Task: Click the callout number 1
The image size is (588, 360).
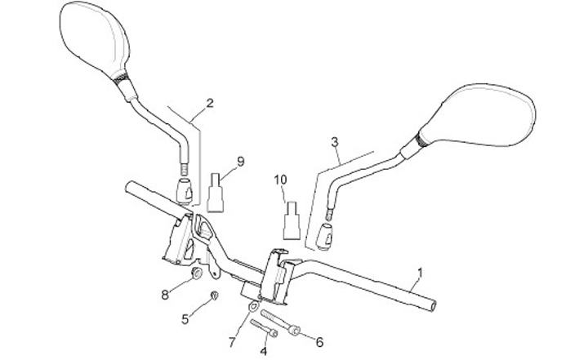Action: [x=420, y=272]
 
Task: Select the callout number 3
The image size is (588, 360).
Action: [x=334, y=142]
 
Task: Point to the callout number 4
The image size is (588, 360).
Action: [x=263, y=351]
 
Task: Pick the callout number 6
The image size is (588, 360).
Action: [x=319, y=341]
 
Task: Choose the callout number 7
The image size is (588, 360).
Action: [x=231, y=340]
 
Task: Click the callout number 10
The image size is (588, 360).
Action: [x=280, y=178]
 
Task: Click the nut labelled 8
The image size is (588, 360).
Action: [x=197, y=273]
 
